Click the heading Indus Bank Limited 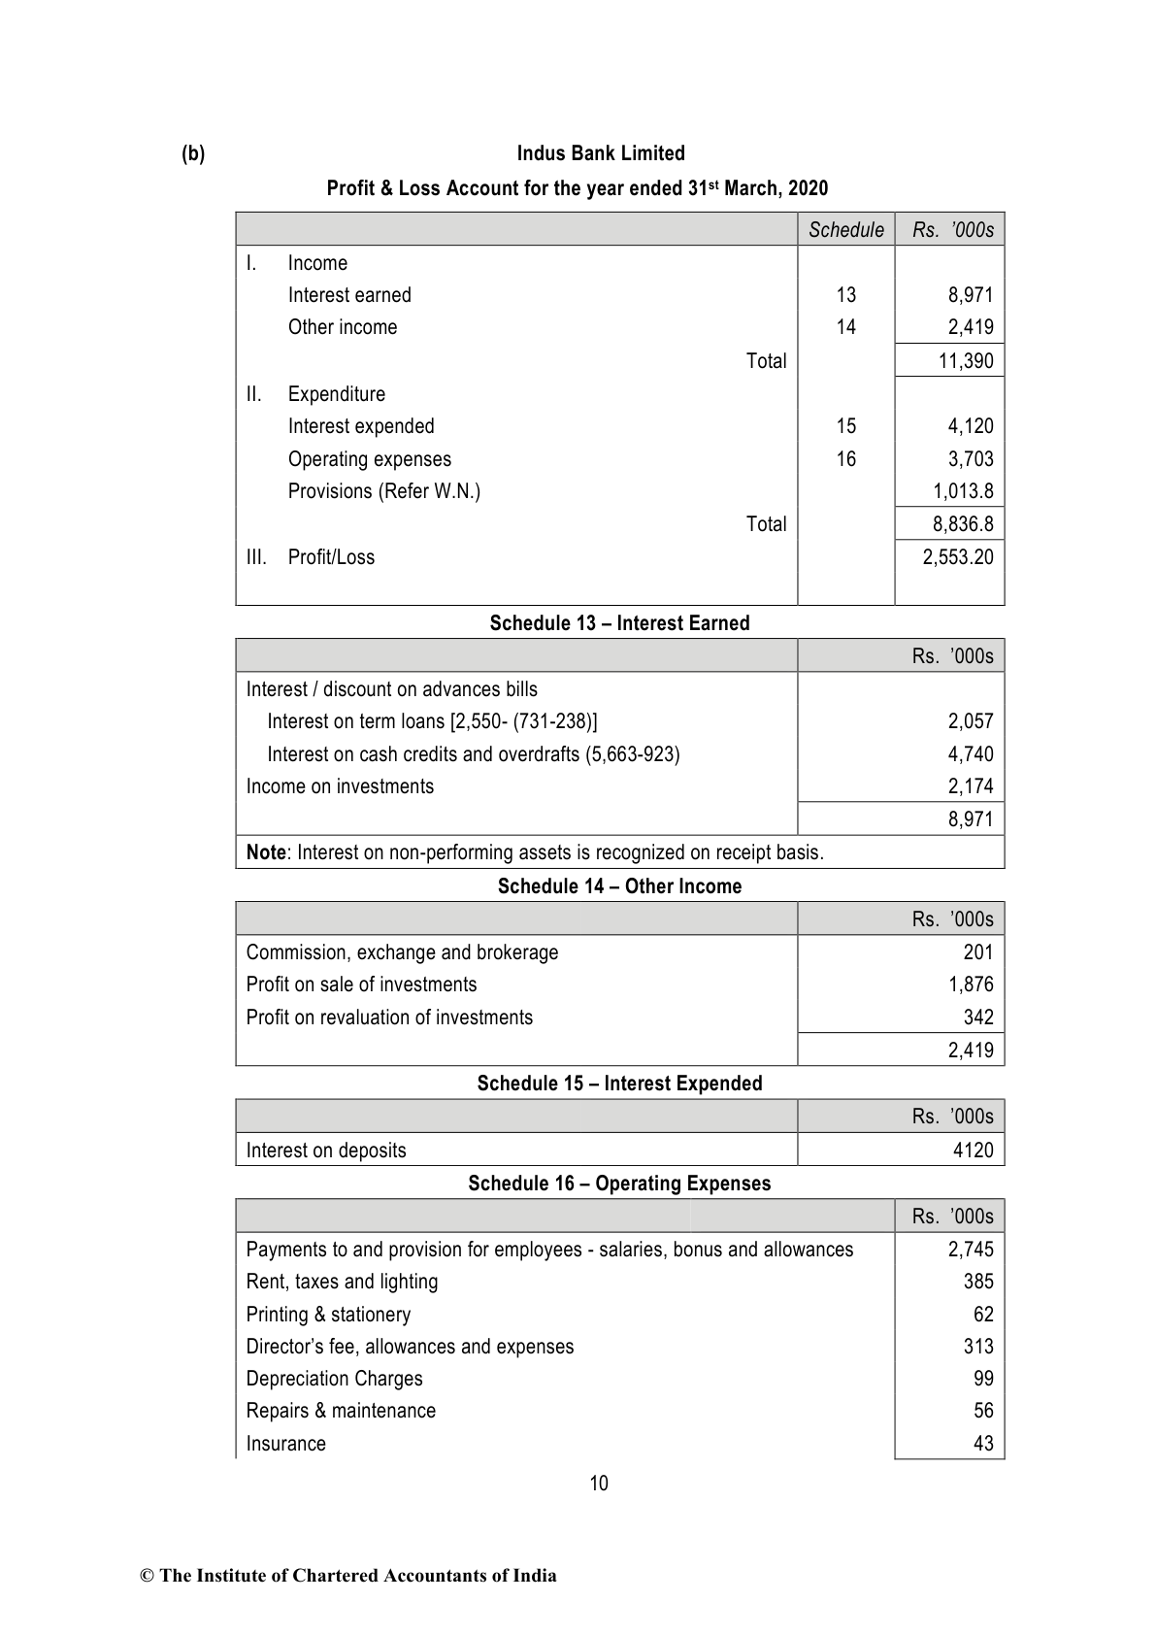tap(600, 153)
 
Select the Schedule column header tap(845, 230)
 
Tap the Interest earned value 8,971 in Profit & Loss tap(970, 295)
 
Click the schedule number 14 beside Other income tap(845, 327)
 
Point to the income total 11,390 tap(966, 361)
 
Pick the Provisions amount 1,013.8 tap(963, 491)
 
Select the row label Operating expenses tap(369, 459)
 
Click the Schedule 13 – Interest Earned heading tap(619, 623)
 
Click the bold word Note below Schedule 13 tap(265, 852)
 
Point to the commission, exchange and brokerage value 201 tap(978, 952)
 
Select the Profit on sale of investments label tap(361, 984)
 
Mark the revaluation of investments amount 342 tap(978, 1018)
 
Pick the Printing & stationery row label tap(328, 1315)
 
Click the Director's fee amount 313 tap(978, 1347)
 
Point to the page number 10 tap(599, 1484)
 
